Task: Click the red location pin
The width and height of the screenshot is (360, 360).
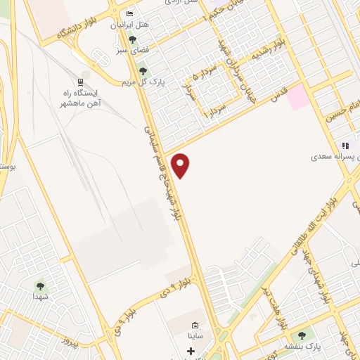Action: [x=181, y=165]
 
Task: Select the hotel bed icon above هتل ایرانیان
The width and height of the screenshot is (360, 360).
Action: [x=129, y=14]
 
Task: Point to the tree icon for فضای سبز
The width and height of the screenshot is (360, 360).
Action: [x=132, y=39]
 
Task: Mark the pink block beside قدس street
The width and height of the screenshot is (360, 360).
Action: [x=298, y=96]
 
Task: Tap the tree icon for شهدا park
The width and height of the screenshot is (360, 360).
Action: [x=40, y=286]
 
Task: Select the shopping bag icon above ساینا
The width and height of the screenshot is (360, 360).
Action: [x=195, y=326]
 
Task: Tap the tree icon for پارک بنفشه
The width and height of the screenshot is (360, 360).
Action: [x=302, y=335]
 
